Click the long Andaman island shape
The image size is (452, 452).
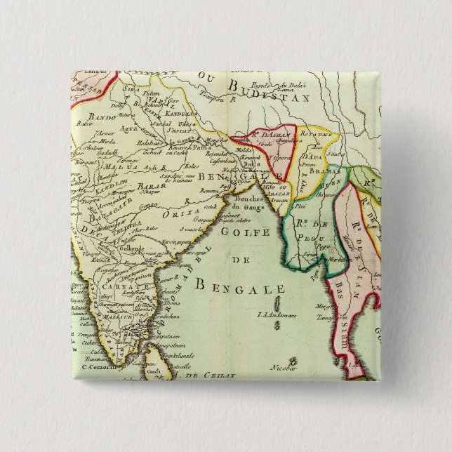279,303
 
